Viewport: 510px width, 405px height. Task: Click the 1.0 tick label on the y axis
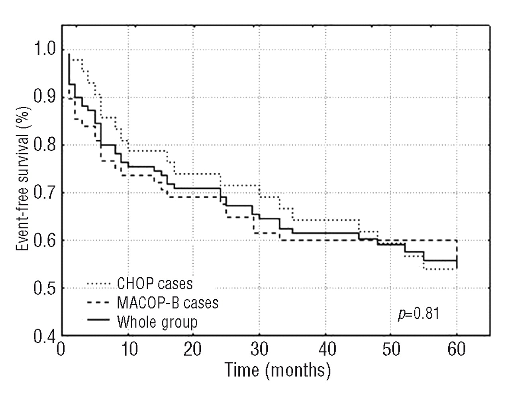43,50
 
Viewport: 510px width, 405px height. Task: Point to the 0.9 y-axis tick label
43,98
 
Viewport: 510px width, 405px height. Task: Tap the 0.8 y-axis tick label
43,145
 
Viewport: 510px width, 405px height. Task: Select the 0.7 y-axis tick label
43,193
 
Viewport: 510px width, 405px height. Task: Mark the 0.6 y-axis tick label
43,241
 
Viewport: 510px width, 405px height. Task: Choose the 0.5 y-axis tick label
43,288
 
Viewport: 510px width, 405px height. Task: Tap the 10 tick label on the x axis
128,350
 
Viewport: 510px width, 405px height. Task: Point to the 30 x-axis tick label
259,350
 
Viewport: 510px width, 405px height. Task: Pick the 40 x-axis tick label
326,350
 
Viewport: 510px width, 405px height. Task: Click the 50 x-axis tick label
391,350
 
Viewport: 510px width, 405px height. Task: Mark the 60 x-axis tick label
457,350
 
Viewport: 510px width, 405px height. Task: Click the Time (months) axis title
278,370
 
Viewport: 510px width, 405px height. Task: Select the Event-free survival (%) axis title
23,178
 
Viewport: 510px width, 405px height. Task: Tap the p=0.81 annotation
418,314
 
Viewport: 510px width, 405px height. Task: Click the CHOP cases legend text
155,284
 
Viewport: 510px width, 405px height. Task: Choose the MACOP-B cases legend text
167,302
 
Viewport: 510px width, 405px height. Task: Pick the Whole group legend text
157,321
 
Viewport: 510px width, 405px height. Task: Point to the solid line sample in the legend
98,321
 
